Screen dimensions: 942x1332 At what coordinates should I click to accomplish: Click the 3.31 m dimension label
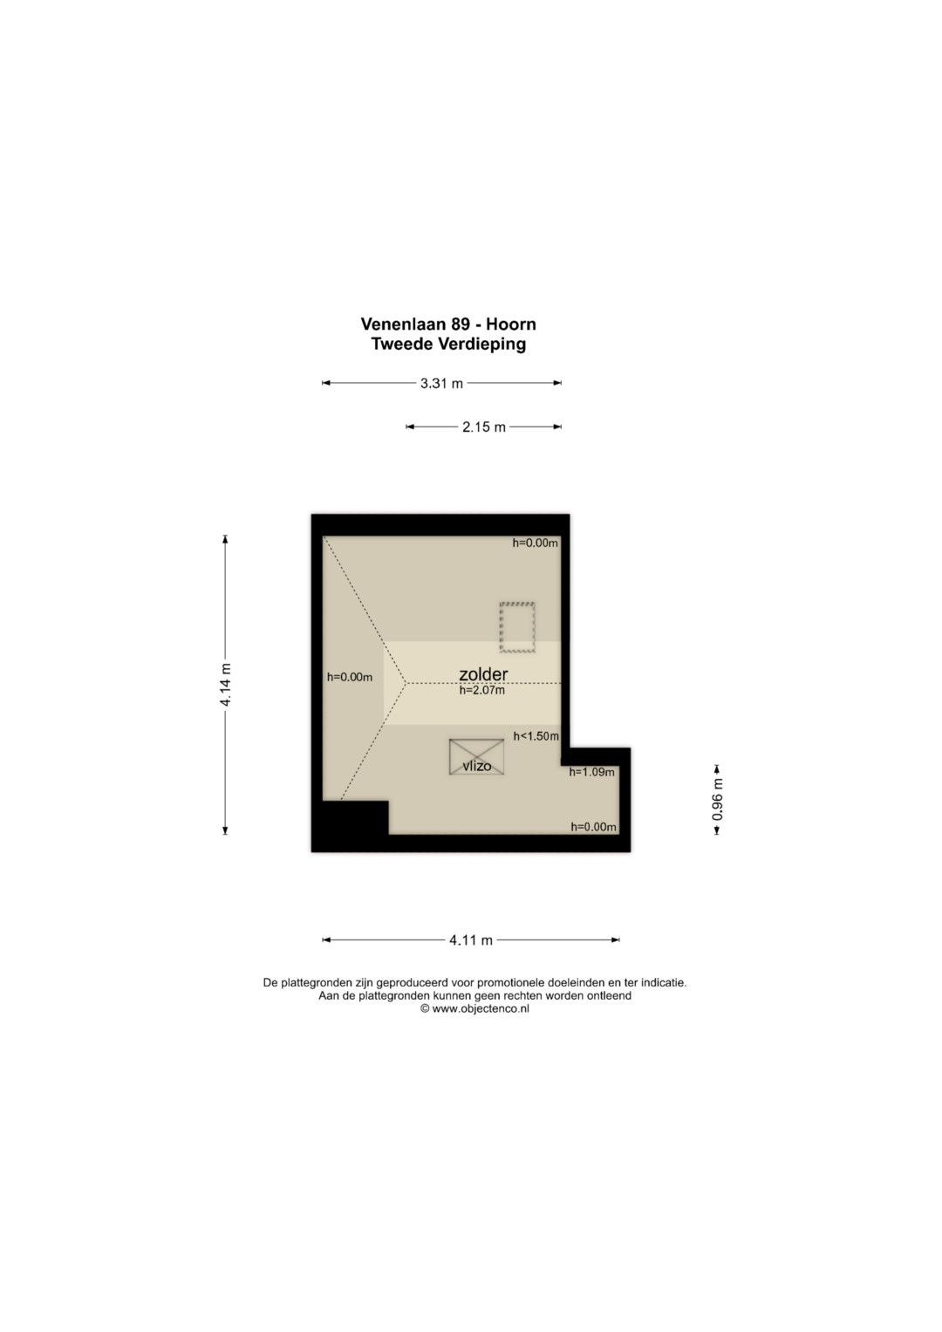coord(441,384)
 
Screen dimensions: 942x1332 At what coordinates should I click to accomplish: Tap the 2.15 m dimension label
coord(484,427)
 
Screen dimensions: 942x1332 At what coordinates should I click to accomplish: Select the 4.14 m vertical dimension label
coord(225,685)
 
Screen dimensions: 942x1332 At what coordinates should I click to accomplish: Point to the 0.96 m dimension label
coord(717,799)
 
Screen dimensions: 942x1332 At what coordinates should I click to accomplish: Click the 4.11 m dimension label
coord(471,940)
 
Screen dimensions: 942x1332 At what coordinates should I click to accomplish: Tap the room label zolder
coord(483,673)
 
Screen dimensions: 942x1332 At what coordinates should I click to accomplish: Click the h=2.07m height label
coord(481,690)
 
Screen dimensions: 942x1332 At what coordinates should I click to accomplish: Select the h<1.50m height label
coord(536,736)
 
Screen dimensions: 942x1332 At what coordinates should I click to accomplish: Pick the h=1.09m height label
coord(591,772)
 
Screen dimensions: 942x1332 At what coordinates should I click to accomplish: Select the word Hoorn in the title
coord(511,324)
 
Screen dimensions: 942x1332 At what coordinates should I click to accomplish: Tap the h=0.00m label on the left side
coord(350,677)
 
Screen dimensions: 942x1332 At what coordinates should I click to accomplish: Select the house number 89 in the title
coord(459,324)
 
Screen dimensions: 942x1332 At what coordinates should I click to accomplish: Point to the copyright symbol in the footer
coord(426,1008)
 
